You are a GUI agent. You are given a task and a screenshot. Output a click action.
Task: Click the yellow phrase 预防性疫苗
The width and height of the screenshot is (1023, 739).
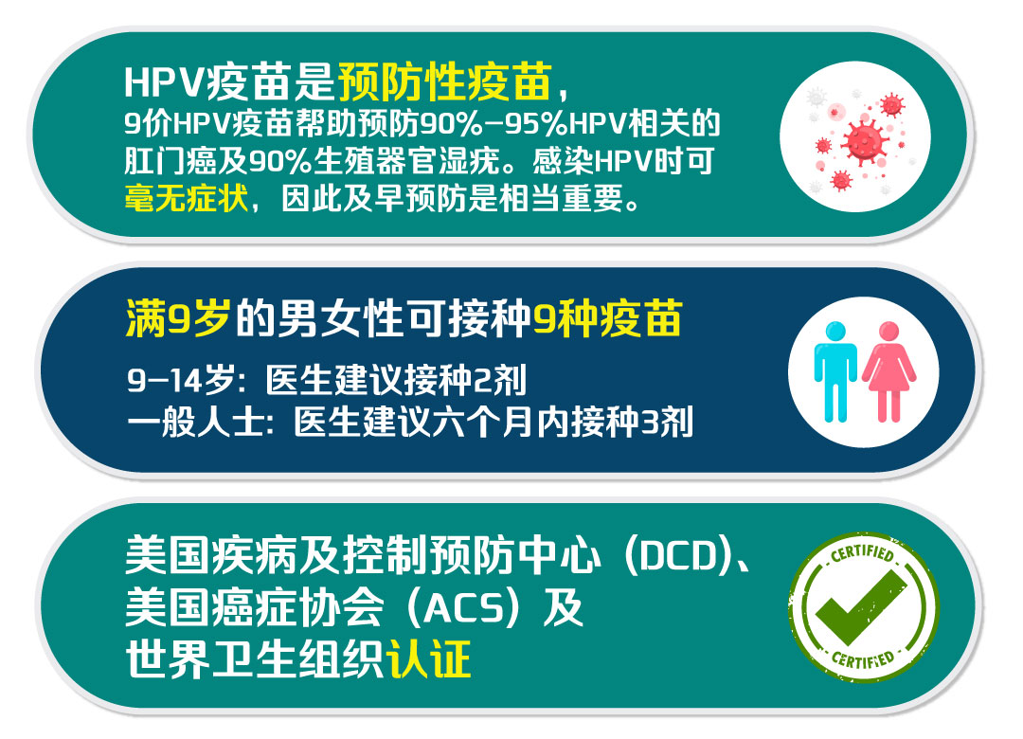[x=445, y=82]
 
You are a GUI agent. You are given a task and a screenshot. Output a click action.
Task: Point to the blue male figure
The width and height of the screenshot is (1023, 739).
[x=835, y=371]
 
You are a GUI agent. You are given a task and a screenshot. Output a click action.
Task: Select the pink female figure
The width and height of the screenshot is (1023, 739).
[x=888, y=371]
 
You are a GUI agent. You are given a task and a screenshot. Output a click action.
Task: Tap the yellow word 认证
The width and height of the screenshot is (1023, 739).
[x=429, y=659]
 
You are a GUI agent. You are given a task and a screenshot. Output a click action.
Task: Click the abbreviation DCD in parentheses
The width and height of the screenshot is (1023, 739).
[x=679, y=556]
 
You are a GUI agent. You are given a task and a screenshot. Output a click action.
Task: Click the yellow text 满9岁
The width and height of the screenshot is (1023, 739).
[x=177, y=318]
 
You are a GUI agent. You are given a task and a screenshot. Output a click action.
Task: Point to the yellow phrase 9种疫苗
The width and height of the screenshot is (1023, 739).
[x=608, y=318]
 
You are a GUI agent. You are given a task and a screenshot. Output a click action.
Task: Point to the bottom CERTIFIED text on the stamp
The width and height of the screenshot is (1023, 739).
[x=863, y=658]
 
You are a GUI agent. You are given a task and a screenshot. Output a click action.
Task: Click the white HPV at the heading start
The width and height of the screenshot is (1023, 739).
[x=165, y=83]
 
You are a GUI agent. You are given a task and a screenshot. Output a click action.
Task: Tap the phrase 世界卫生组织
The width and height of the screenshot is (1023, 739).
[x=255, y=659]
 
